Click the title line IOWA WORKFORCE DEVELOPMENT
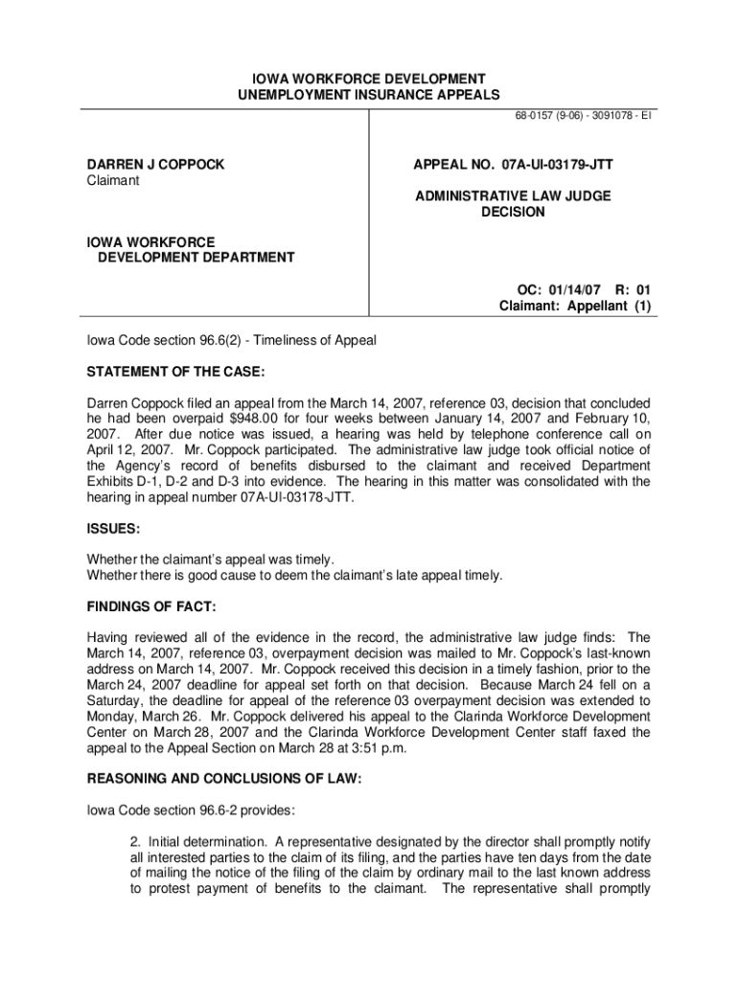tap(369, 79)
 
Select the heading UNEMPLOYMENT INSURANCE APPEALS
tap(369, 95)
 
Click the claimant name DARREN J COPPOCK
tap(156, 165)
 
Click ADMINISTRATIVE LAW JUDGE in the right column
tap(513, 196)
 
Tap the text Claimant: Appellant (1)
tap(575, 307)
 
